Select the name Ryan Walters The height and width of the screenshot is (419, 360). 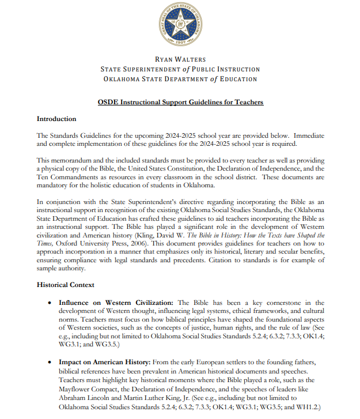(x=180, y=59)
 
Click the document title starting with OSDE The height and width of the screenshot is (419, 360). (x=180, y=102)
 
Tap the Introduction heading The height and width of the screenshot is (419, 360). (x=56, y=119)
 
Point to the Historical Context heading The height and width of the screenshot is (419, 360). (x=66, y=285)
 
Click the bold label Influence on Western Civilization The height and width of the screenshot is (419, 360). (x=118, y=302)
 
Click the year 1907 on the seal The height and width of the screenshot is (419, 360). (x=180, y=44)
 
